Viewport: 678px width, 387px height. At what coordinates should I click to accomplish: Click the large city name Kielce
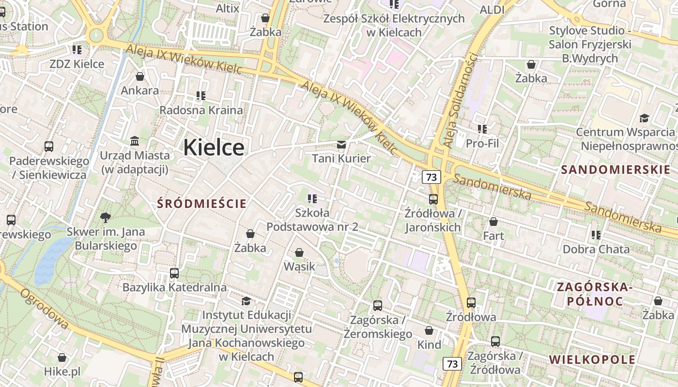pos(214,147)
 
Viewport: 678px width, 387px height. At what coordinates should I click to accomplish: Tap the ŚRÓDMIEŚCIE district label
pos(201,204)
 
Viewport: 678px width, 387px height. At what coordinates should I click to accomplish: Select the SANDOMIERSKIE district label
pos(616,169)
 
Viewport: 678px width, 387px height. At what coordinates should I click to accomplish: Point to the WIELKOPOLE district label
pos(592,359)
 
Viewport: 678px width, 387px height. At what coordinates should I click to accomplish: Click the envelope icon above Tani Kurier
pos(341,145)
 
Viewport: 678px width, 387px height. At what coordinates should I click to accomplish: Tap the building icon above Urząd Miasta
pos(135,141)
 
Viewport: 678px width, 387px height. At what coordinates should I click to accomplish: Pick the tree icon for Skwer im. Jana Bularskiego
pos(105,218)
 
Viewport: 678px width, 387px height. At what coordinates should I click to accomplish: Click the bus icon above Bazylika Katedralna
pos(174,273)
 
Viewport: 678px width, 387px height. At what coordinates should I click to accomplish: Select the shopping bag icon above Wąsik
pos(299,253)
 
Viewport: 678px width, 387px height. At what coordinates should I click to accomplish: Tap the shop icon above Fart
pos(493,222)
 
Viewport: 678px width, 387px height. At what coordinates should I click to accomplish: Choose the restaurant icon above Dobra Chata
pos(596,235)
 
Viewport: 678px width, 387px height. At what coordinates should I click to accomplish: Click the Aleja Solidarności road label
pos(461,100)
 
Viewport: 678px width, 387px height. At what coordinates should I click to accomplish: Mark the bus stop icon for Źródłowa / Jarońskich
pos(433,199)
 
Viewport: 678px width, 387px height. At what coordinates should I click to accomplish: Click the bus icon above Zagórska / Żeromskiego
pos(378,306)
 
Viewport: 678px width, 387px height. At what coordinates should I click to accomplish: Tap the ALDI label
pos(492,10)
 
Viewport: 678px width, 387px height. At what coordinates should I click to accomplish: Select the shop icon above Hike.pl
pos(62,358)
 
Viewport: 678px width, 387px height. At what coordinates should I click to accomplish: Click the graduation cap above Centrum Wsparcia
pos(644,119)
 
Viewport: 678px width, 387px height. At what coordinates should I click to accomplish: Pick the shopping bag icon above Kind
pos(429,331)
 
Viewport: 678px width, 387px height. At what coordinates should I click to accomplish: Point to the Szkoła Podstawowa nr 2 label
pos(312,219)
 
